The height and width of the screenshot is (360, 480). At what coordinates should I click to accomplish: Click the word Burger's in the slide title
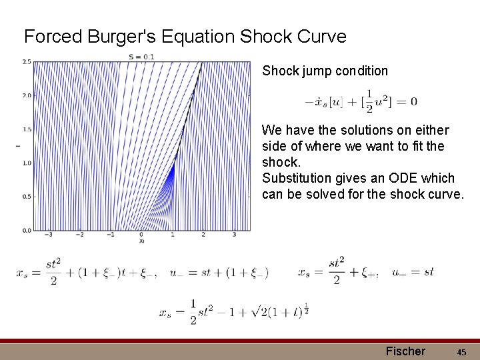point(115,36)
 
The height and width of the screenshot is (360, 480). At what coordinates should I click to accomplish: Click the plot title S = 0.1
point(141,57)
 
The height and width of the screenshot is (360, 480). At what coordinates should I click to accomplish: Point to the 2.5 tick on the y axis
point(27,62)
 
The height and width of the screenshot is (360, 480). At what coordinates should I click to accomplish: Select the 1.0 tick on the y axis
point(27,163)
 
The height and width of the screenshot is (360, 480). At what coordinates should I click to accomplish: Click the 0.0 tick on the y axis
point(27,231)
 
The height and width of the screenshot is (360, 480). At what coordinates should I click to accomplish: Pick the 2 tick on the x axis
point(203,235)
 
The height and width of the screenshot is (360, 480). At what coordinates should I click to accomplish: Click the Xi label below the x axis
point(141,241)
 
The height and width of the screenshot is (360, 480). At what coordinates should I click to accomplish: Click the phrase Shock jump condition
point(325,71)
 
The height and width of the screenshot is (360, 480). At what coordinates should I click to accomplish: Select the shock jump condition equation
point(361,101)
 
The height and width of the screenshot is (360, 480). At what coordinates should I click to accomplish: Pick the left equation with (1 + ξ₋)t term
point(87,272)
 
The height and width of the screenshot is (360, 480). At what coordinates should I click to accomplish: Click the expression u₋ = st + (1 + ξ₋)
point(219,272)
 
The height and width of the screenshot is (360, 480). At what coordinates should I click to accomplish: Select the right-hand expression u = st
point(413,272)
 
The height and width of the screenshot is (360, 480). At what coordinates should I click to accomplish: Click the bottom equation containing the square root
point(233,311)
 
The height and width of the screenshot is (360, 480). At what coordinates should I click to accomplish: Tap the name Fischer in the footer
point(405,351)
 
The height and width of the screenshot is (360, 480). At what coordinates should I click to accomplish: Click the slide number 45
point(463,351)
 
